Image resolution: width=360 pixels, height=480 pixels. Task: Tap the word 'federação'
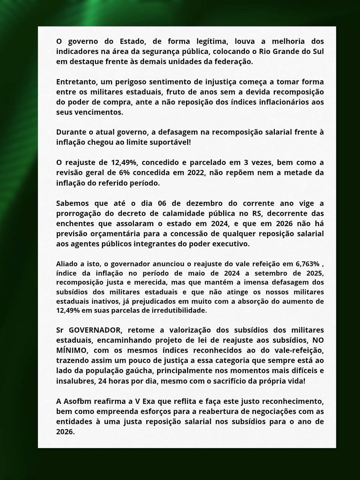click(x=235, y=61)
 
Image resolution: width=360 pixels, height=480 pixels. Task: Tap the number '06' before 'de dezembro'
click(x=162, y=203)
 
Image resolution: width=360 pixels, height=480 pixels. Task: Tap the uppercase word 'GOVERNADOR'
click(x=95, y=330)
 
